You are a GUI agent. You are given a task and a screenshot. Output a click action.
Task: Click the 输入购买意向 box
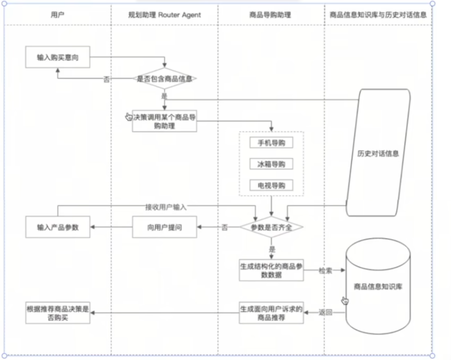click(58, 57)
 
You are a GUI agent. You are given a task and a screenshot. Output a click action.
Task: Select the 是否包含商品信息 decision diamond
click(165, 79)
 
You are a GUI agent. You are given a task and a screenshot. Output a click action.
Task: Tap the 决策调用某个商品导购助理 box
click(164, 121)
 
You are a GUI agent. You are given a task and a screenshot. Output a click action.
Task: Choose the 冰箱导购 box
click(271, 164)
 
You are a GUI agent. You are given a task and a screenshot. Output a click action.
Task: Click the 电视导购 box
click(271, 186)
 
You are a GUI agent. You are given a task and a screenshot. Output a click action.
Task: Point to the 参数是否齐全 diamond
click(271, 227)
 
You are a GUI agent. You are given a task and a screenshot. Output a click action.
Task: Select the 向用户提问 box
click(164, 227)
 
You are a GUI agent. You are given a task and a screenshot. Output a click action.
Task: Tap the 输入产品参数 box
click(58, 227)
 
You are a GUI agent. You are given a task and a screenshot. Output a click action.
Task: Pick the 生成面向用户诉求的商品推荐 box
click(271, 313)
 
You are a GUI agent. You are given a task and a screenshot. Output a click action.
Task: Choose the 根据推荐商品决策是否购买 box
click(58, 313)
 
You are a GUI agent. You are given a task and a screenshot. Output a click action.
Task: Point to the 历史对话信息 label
click(378, 154)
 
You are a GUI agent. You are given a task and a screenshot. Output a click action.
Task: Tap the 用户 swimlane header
click(58, 15)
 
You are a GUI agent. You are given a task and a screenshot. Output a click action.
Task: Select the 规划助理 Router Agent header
click(164, 15)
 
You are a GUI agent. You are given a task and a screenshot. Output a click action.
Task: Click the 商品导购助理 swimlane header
click(271, 15)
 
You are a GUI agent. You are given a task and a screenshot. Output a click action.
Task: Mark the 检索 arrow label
click(325, 270)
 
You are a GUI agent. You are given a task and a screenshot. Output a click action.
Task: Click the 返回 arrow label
click(325, 313)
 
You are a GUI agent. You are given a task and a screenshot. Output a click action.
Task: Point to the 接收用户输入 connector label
click(166, 206)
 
